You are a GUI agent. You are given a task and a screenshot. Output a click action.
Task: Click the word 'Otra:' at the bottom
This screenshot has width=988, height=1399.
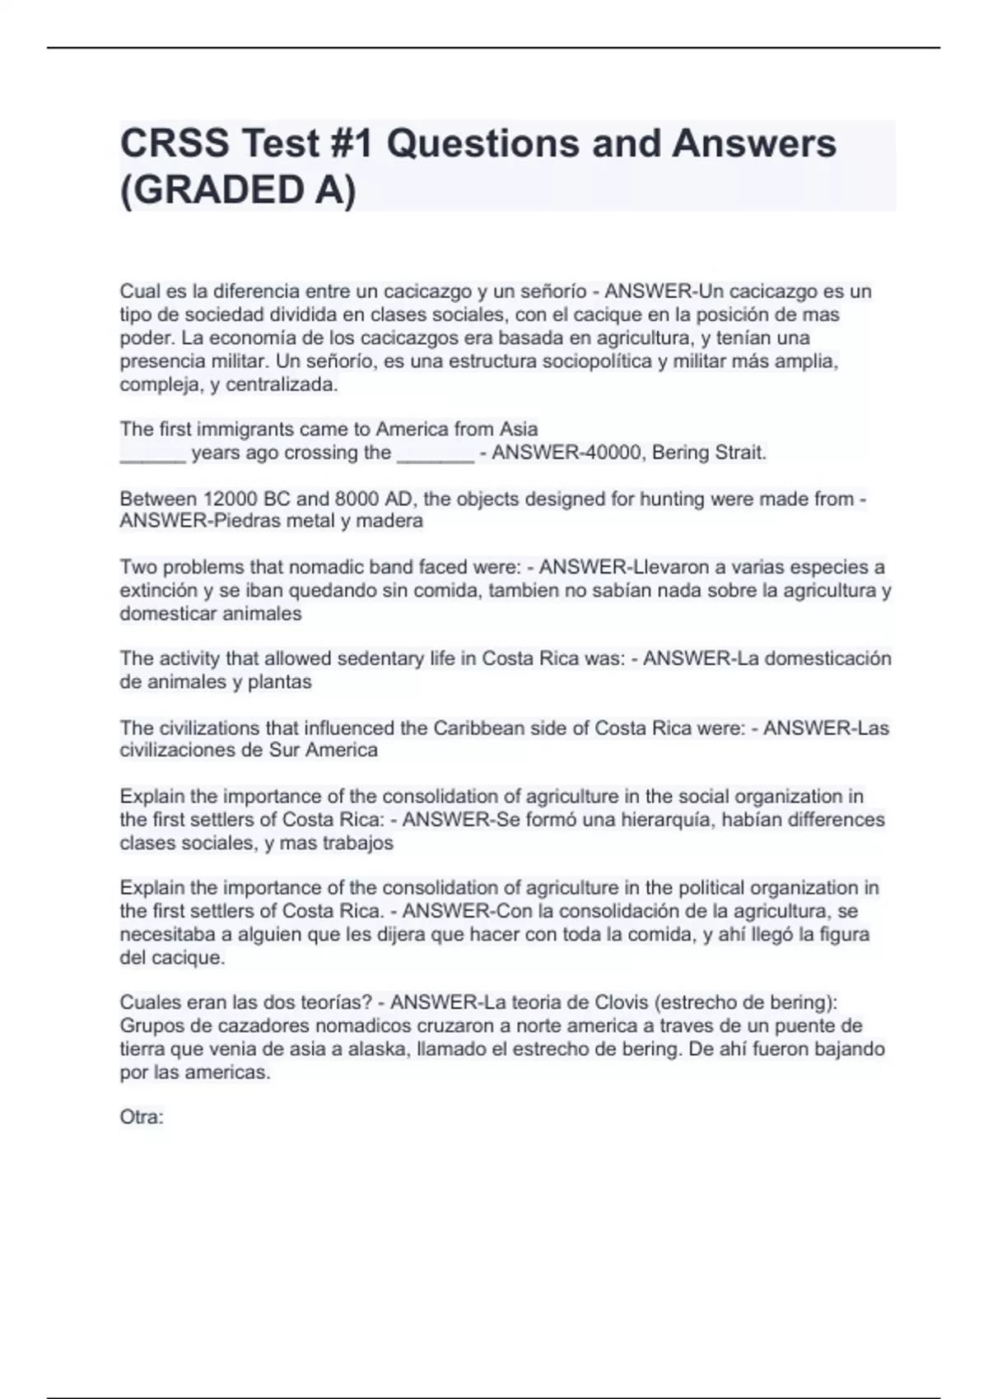[142, 1118]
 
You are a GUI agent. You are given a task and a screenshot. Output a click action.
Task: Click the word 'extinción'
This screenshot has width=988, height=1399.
[159, 591]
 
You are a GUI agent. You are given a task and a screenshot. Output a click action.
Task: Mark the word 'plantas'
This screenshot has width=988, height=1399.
[279, 682]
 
